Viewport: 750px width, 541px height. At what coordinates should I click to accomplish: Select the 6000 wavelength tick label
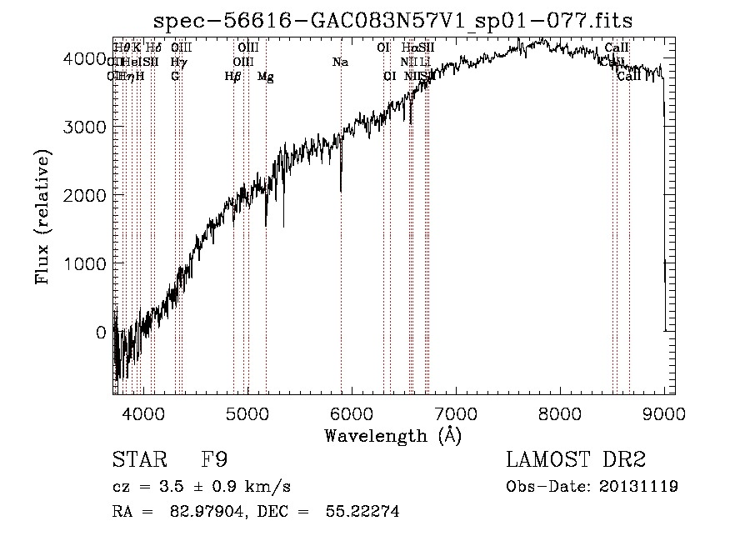[x=352, y=413]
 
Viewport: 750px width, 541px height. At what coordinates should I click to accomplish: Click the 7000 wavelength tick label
[x=456, y=413]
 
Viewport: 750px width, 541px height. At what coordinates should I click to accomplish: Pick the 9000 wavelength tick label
[x=664, y=413]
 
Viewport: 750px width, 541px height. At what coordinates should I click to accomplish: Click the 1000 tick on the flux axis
[x=85, y=263]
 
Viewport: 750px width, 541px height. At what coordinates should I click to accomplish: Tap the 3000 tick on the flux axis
[x=85, y=127]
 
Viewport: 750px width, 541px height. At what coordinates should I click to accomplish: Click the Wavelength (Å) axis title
[x=392, y=435]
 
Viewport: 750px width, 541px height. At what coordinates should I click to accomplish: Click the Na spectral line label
[x=340, y=63]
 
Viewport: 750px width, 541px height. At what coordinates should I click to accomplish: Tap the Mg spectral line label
[x=265, y=77]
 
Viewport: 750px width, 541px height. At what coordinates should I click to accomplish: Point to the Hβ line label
[x=233, y=77]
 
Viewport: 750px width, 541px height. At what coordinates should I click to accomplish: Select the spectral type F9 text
[x=214, y=460]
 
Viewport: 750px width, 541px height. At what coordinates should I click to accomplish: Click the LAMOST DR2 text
[x=576, y=460]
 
